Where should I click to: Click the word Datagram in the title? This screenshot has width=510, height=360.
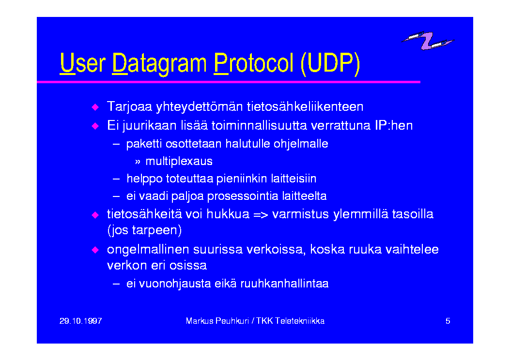159,64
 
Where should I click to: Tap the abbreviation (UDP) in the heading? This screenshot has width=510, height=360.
330,63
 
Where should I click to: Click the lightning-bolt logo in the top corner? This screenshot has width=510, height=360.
427,41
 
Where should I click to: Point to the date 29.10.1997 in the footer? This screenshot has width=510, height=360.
81,321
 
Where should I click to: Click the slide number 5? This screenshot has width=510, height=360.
448,321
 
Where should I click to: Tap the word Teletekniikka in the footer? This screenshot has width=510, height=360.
300,321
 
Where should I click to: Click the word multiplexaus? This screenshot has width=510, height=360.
179,161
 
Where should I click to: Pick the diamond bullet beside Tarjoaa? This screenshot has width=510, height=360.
95,107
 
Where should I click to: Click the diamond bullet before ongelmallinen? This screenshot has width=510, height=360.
95,250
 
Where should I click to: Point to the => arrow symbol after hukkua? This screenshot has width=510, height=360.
261,215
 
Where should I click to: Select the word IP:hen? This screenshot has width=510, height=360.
394,125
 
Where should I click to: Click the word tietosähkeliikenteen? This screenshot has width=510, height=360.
305,106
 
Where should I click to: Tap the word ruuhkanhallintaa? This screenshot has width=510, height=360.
284,284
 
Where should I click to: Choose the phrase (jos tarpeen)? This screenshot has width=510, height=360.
144,230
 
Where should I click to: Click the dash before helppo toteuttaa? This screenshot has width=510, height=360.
116,179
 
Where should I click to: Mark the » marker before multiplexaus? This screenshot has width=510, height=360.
138,162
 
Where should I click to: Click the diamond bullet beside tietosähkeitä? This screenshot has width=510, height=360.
95,215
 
